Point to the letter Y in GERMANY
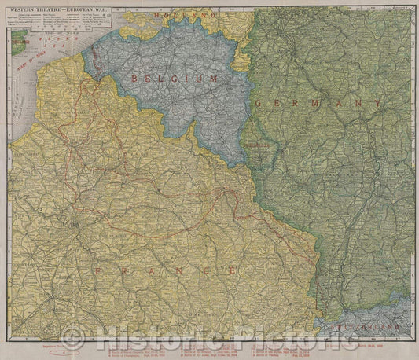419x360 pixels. coord(379,103)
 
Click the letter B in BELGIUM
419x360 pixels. coord(137,79)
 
